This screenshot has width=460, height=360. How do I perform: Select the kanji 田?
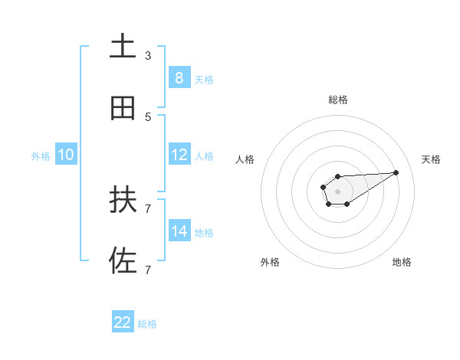[x=123, y=108]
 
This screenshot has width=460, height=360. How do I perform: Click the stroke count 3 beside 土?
[x=148, y=56]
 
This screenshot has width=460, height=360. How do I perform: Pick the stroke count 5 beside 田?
[x=148, y=117]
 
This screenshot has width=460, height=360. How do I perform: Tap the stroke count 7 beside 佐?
[x=148, y=270]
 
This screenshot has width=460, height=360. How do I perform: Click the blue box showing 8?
[x=179, y=77]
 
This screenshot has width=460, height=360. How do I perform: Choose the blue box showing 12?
[x=179, y=155]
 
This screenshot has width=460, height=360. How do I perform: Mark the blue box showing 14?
[x=179, y=231]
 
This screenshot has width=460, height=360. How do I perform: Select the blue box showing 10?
[x=66, y=155]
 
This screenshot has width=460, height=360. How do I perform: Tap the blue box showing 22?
[x=123, y=322]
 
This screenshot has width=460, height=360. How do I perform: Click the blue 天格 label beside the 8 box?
[x=204, y=79]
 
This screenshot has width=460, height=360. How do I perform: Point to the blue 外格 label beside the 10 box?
[x=41, y=156]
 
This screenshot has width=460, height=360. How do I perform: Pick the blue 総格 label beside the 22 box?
[x=147, y=324]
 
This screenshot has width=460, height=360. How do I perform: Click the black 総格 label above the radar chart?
[x=338, y=100]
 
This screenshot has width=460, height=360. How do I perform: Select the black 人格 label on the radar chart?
[x=245, y=159]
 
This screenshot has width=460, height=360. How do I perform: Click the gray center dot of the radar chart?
[x=337, y=190]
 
